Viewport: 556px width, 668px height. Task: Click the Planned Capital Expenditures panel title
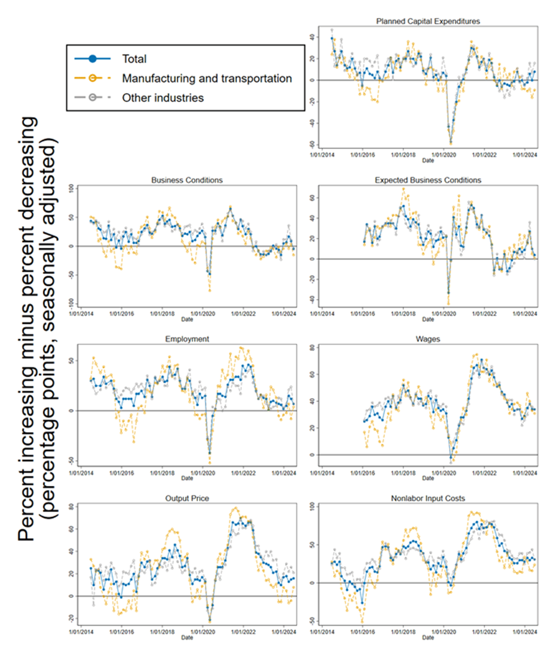click(428, 21)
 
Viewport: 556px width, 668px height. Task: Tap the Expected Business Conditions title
click(428, 180)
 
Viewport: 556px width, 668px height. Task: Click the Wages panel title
click(428, 339)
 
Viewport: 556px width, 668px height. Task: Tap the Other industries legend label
click(162, 98)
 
